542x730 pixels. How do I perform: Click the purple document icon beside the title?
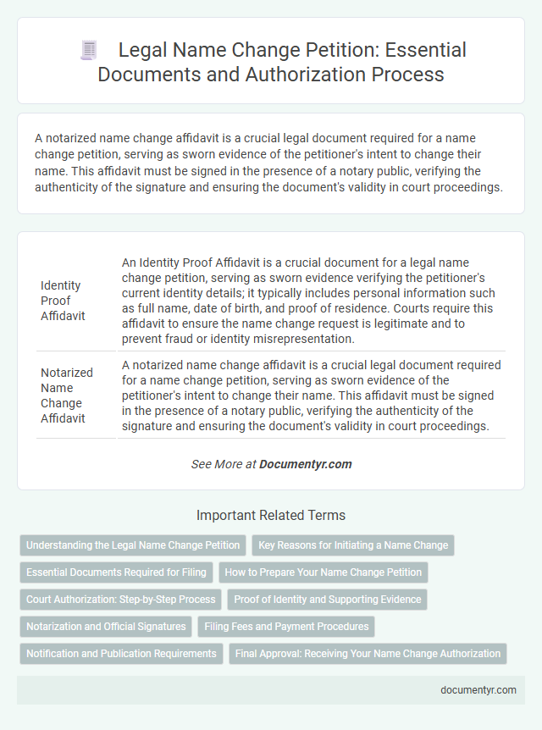click(x=88, y=50)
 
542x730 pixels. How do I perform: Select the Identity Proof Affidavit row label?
click(x=62, y=301)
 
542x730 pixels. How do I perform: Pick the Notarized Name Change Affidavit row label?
click(x=64, y=395)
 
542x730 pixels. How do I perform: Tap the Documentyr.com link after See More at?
click(x=305, y=464)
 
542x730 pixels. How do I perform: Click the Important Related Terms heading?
click(x=270, y=515)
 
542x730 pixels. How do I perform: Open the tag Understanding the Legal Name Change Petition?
click(x=133, y=545)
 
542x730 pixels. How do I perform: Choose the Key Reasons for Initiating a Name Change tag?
click(x=353, y=545)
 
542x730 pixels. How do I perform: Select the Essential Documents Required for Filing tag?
click(x=116, y=572)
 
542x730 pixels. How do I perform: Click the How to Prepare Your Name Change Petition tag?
click(x=323, y=572)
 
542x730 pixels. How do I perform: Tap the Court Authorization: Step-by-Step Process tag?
click(x=121, y=599)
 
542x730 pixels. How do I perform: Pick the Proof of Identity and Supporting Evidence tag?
click(x=328, y=599)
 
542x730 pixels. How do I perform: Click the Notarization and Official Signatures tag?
click(x=106, y=626)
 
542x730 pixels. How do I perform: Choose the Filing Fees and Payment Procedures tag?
click(x=286, y=626)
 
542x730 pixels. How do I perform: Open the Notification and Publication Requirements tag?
click(x=121, y=653)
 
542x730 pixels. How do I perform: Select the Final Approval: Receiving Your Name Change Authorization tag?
click(x=368, y=653)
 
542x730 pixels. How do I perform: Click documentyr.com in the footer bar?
click(x=478, y=689)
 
